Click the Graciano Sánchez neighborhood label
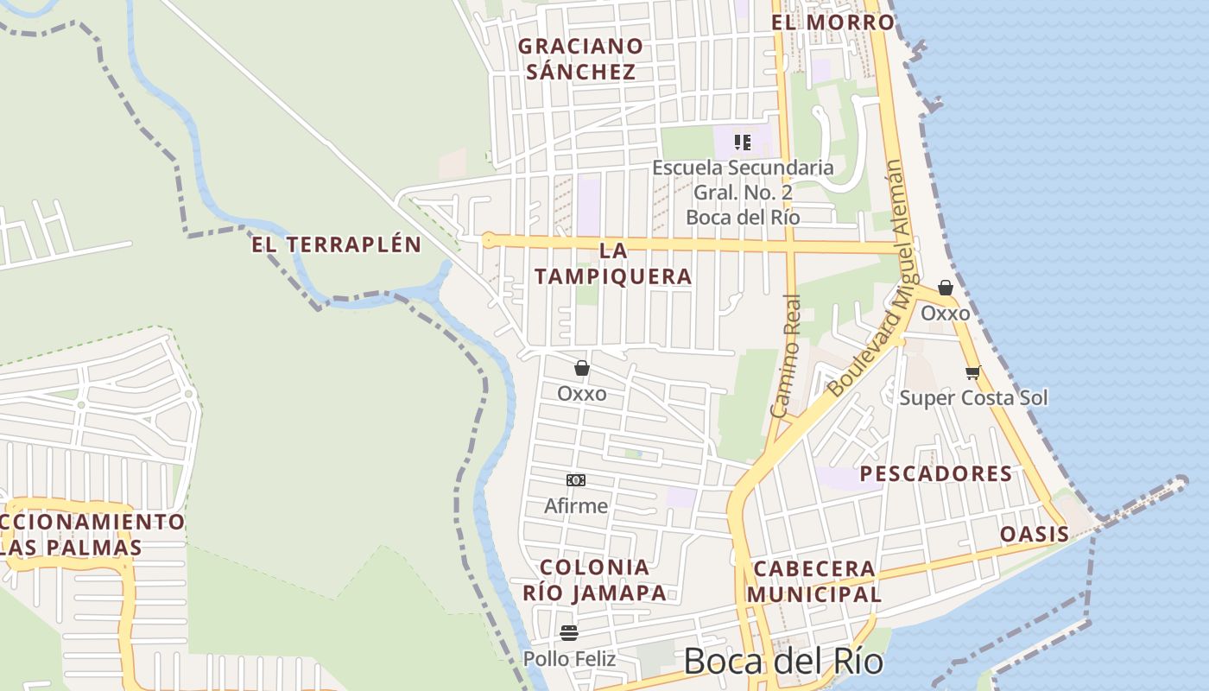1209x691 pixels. point(580,59)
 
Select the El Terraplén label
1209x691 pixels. point(337,244)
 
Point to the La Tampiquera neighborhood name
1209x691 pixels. point(613,263)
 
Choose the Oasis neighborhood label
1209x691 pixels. point(1035,534)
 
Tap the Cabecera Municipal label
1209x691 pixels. point(814,581)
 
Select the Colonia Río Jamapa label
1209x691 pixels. point(595,580)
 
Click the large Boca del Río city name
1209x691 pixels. point(783,662)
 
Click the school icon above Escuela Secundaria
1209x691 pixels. point(743,142)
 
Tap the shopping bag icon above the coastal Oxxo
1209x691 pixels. point(946,288)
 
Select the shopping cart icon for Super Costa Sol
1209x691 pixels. point(973,373)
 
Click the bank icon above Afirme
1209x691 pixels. point(576,480)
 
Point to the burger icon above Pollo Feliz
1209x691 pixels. point(568,633)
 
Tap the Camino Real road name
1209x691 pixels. point(786,356)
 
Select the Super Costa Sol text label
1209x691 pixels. point(973,397)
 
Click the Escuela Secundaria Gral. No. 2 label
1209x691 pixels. point(743,192)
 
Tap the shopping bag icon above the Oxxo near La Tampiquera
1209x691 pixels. point(582,369)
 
